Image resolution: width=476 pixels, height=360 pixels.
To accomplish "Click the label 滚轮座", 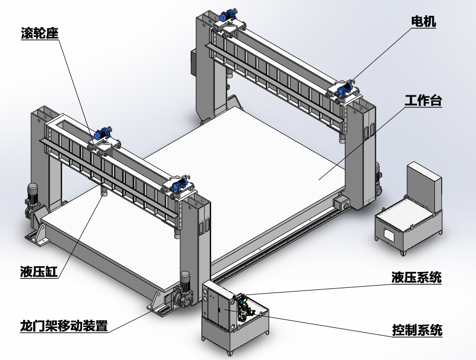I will point(37,33).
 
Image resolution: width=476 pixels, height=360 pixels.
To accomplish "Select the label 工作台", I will point(423,101).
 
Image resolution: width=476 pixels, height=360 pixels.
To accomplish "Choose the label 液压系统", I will point(416,277).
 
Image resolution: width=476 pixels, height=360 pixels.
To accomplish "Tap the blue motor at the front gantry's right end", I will point(178,184).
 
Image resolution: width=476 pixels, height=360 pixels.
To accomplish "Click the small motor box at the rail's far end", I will point(340,203).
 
